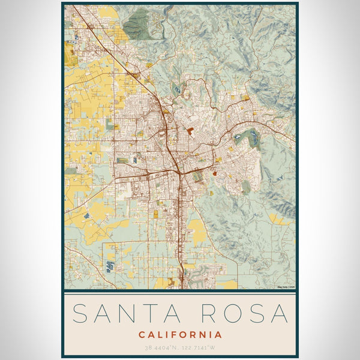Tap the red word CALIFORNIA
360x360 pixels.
tap(180, 334)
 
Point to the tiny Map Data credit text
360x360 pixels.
tap(286, 287)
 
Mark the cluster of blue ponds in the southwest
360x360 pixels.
tap(110, 265)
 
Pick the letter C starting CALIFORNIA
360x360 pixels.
tap(141, 334)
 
